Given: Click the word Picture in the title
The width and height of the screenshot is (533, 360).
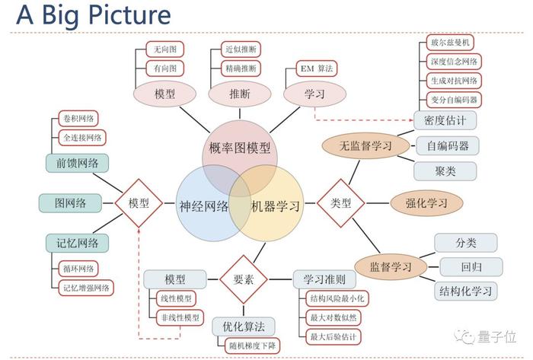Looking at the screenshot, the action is (x=129, y=15).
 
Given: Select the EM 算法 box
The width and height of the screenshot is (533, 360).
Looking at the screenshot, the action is (x=317, y=68).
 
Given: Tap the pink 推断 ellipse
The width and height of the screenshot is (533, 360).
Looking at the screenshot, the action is (x=240, y=94).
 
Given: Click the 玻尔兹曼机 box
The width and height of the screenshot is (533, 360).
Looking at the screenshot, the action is (x=450, y=43).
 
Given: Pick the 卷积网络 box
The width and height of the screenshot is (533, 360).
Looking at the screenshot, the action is (x=78, y=119).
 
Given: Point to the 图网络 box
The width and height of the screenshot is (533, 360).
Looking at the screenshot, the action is (x=70, y=203).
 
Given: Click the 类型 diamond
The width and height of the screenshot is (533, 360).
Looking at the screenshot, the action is (x=340, y=203).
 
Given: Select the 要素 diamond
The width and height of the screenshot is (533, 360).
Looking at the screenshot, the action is (x=244, y=279).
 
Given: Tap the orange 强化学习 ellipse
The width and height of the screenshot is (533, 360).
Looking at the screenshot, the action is (x=426, y=203).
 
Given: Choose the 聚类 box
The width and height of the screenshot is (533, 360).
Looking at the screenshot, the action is (x=445, y=171).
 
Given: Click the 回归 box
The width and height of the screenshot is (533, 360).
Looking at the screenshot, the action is (x=471, y=267).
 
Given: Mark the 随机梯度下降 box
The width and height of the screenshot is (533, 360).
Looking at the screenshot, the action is (x=252, y=346).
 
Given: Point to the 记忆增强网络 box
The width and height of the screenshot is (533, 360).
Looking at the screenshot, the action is (x=86, y=288).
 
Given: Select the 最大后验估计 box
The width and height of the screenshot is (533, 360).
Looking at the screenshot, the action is (x=334, y=337).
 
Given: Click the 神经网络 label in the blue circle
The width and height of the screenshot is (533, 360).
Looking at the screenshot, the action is (x=204, y=206).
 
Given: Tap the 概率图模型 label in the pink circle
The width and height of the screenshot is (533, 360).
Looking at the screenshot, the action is (x=240, y=148).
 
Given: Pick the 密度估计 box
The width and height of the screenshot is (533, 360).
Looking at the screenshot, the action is (x=445, y=120).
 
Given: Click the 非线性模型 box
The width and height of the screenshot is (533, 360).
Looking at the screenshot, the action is (x=180, y=318).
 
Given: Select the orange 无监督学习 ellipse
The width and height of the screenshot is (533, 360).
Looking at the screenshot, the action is (x=365, y=145).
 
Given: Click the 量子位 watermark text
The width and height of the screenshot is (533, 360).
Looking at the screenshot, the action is (x=497, y=337).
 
